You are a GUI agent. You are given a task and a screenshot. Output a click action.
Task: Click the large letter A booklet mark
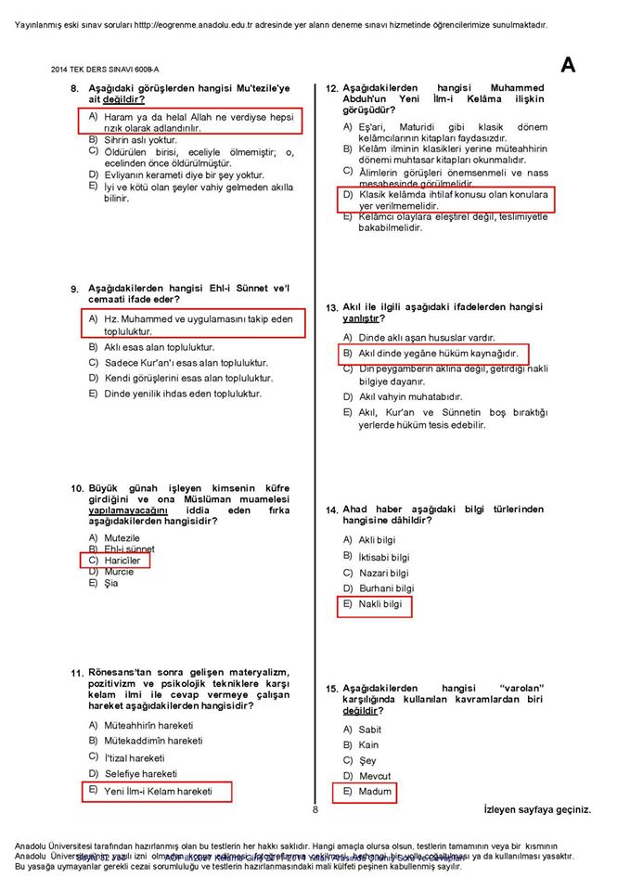click(567, 65)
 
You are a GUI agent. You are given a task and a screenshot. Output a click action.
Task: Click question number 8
click(74, 89)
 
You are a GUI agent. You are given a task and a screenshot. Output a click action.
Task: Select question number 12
click(331, 89)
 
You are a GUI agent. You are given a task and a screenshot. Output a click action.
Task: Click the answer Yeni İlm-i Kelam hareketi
click(158, 791)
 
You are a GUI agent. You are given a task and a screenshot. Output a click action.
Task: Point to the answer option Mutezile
click(122, 538)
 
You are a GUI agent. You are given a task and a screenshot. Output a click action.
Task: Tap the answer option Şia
click(111, 584)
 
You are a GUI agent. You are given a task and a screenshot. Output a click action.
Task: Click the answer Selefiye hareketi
click(140, 773)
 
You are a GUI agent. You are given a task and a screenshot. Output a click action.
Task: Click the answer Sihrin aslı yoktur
click(140, 139)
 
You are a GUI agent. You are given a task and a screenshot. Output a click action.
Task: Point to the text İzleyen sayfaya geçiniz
click(536, 809)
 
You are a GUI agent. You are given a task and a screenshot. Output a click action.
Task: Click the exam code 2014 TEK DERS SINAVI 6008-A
click(105, 69)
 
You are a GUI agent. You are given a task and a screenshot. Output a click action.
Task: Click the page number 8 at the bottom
click(315, 809)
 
